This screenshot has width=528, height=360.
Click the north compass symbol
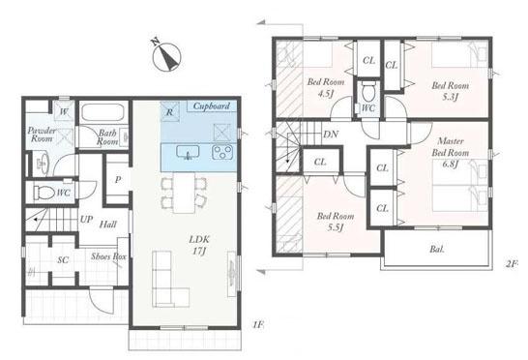(x=167, y=57)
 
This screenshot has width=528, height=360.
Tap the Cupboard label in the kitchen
(x=212, y=106)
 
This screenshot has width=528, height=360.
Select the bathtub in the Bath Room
(x=103, y=112)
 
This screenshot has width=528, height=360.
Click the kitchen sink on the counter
(x=188, y=152)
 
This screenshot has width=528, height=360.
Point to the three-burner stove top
(x=222, y=152)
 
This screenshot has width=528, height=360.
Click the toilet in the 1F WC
(x=44, y=193)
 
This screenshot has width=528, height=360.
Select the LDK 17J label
(x=199, y=245)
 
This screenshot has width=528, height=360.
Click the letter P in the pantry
(x=118, y=180)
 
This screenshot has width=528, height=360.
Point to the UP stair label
(x=86, y=220)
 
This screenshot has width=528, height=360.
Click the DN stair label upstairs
(x=331, y=135)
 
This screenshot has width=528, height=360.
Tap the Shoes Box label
(x=108, y=256)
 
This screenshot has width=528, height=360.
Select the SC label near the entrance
(x=63, y=260)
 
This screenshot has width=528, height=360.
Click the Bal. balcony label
(x=437, y=249)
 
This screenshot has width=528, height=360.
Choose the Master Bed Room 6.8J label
(x=451, y=152)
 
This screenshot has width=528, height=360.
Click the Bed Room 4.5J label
(x=326, y=87)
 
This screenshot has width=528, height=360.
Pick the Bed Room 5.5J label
(x=336, y=222)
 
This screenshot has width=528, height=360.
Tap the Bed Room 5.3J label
(x=451, y=91)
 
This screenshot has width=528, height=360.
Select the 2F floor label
(x=512, y=263)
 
